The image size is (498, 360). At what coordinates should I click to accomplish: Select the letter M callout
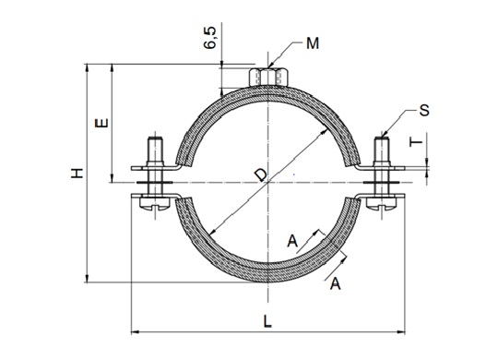coord(314,43)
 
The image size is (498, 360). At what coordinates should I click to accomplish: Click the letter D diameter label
coord(262,173)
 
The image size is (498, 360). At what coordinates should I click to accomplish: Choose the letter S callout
coord(423,111)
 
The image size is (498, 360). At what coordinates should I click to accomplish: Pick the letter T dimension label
coord(416,143)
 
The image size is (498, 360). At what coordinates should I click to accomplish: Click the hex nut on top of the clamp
coord(267,76)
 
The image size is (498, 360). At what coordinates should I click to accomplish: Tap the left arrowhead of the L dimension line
coord(130,330)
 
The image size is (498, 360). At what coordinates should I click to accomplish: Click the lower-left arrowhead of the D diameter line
coord(212,233)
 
